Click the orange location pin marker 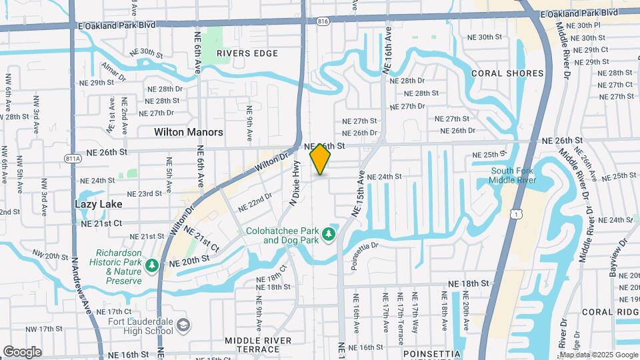coord(321,160)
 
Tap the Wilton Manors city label coord(189,132)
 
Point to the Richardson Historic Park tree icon coord(152,266)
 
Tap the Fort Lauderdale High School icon coord(184,325)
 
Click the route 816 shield coord(323,21)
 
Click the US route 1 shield coord(516,213)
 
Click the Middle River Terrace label coord(258,345)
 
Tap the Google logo coord(22,351)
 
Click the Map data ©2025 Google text coord(597,355)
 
